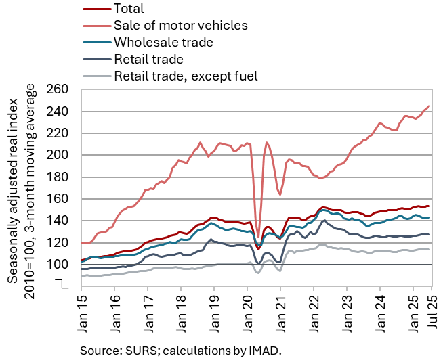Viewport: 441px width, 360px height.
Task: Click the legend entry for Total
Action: (x=129, y=9)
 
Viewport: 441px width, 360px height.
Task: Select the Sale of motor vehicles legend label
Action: (x=181, y=26)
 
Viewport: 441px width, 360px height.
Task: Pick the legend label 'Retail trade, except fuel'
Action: (x=186, y=76)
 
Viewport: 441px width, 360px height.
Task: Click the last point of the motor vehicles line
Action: (x=429, y=106)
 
